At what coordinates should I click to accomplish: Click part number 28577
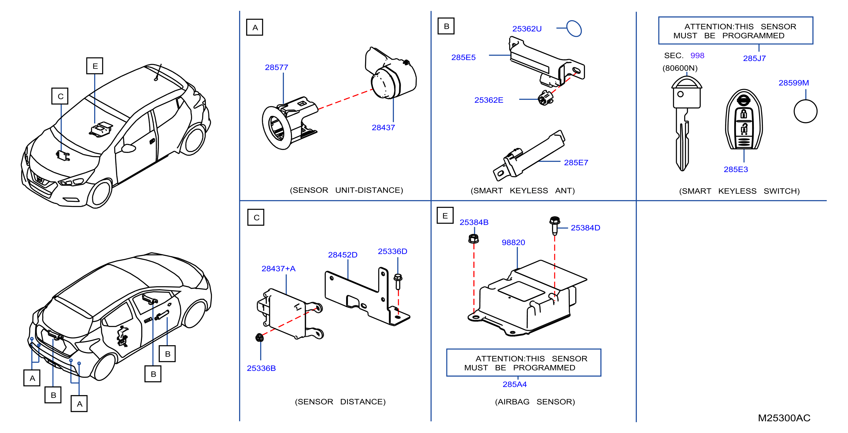pos(276,67)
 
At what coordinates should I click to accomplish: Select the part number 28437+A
pos(278,269)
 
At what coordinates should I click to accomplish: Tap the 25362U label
pos(527,29)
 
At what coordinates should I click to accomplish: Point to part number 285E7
pos(576,163)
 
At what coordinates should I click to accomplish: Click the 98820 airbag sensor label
pos(513,243)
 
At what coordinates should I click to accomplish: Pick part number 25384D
pos(585,228)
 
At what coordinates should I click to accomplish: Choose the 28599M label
pos(793,83)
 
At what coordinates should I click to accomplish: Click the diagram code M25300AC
pos(784,418)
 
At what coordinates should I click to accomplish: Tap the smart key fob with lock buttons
pos(744,119)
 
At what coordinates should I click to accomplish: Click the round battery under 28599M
pos(805,111)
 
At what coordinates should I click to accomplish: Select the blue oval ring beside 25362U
pos(574,29)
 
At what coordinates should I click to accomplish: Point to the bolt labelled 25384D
pos(555,225)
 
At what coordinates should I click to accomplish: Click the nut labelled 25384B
pos(473,238)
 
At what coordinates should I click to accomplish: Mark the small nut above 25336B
pos(260,338)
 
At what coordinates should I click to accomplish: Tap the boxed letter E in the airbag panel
pos(445,216)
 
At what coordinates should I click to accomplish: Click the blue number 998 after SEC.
pos(697,56)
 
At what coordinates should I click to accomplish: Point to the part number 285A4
pos(514,384)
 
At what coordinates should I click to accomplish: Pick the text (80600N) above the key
pos(680,68)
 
